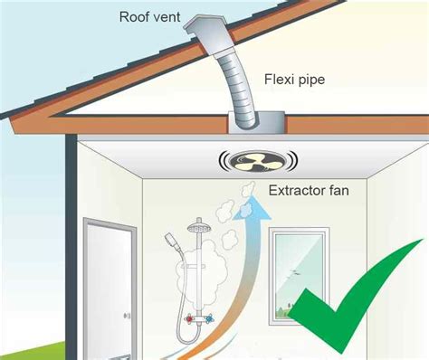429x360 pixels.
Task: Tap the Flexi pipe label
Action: point(295,80)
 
